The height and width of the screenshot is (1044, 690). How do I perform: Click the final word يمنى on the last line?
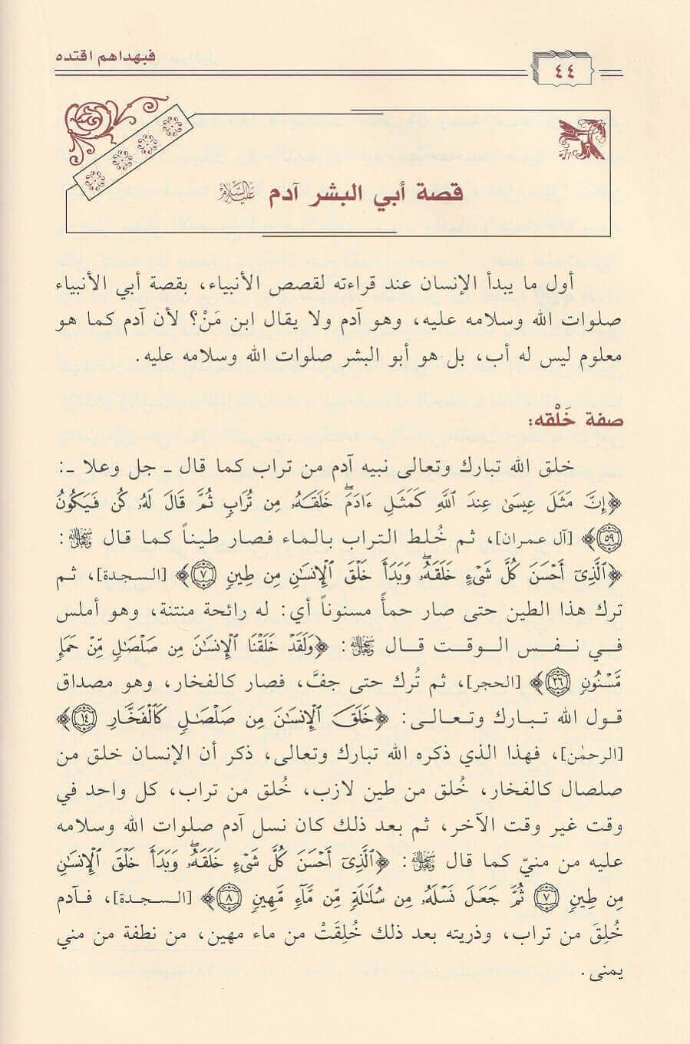coord(610,974)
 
